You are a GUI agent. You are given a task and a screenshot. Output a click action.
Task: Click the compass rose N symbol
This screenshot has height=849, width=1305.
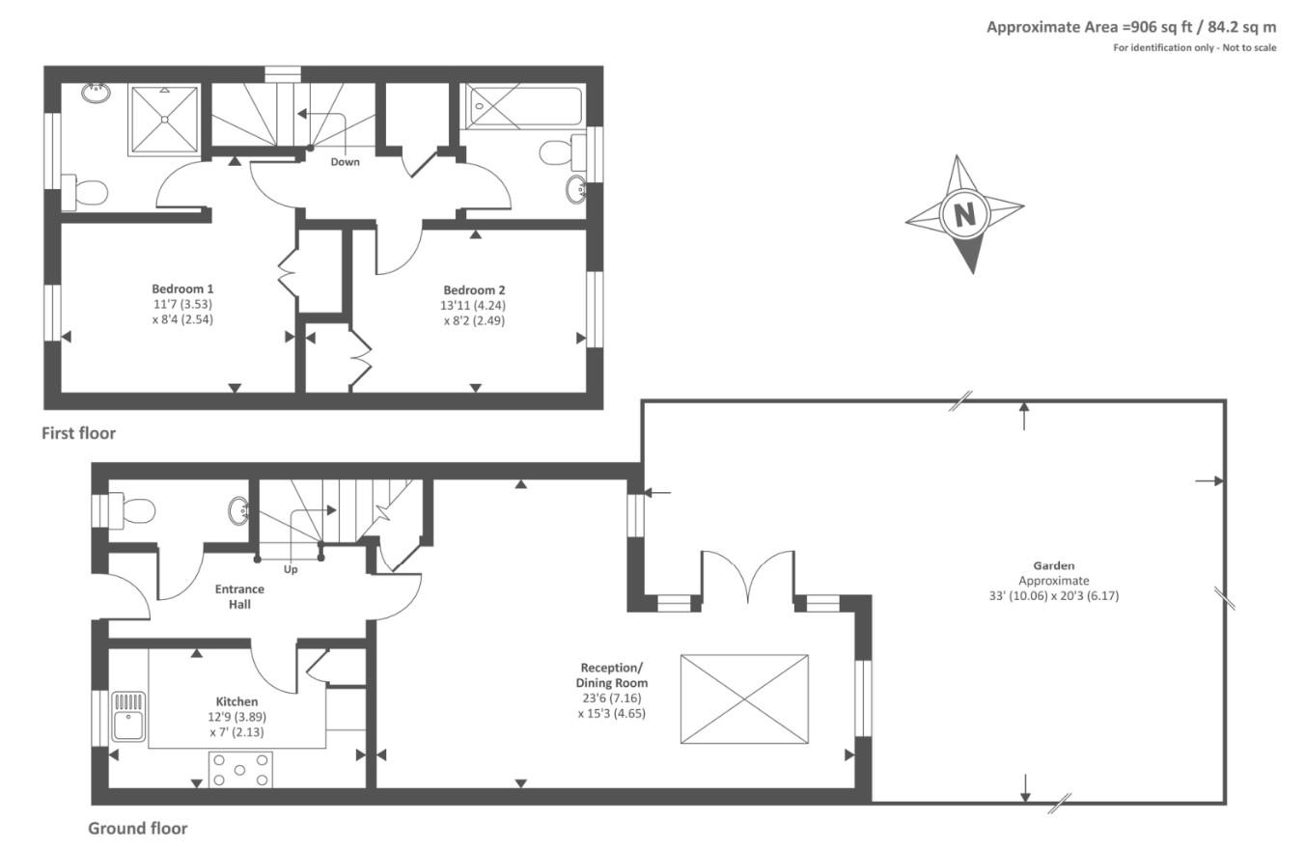pyautogui.click(x=964, y=213)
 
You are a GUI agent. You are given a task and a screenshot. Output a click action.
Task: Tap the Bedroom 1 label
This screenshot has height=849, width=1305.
pyautogui.click(x=182, y=288)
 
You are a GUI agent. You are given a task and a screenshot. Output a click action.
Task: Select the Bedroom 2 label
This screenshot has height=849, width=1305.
pyautogui.click(x=474, y=289)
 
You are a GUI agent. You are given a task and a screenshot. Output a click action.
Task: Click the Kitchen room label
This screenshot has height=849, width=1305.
pyautogui.click(x=236, y=701)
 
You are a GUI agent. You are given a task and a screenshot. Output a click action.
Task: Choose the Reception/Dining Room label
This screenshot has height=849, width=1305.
pyautogui.click(x=611, y=675)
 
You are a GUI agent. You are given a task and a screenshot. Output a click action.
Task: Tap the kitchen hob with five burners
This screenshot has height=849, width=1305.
pyautogui.click(x=240, y=769)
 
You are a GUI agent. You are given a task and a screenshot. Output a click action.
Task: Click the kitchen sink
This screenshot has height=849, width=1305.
pyautogui.click(x=127, y=716)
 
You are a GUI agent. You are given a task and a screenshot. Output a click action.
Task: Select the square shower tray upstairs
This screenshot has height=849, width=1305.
pyautogui.click(x=164, y=120)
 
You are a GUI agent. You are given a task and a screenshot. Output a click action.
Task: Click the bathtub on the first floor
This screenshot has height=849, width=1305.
pyautogui.click(x=523, y=105)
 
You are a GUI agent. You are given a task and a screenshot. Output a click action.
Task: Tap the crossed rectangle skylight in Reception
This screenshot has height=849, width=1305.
pyautogui.click(x=744, y=698)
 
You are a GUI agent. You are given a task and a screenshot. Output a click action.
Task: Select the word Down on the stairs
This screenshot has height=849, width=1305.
pyautogui.click(x=345, y=161)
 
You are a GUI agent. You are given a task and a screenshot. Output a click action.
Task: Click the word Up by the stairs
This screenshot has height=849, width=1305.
pyautogui.click(x=291, y=569)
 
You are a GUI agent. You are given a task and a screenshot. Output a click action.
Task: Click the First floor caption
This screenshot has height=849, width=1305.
pyautogui.click(x=78, y=433)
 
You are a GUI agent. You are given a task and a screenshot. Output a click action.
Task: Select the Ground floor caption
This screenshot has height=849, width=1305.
pyautogui.click(x=138, y=828)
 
